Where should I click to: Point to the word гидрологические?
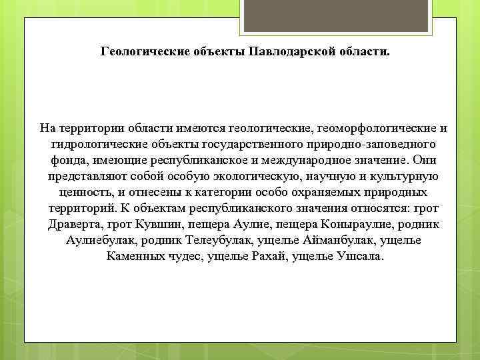tap(91, 144)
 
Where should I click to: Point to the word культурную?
tap(403, 176)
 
